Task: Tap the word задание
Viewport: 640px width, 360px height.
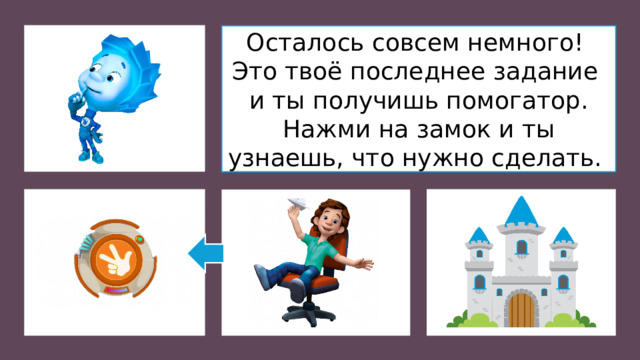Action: [x=543, y=72]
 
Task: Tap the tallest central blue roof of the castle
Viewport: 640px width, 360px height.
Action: [x=520, y=213]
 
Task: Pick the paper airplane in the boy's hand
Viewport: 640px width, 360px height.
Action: [x=294, y=206]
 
